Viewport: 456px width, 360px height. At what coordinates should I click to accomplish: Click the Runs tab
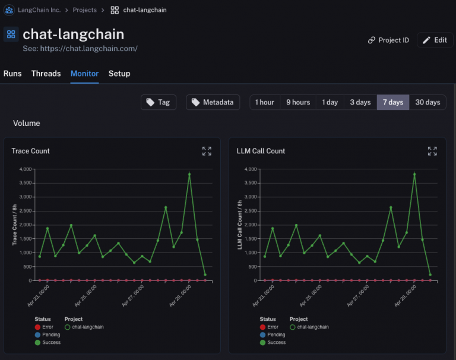tap(12, 74)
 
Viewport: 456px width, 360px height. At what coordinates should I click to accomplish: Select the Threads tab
tap(46, 74)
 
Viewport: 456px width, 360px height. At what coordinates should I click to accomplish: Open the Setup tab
tap(119, 74)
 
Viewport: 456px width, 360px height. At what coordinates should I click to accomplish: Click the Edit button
tap(435, 40)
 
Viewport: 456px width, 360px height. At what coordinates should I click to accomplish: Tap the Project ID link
tap(389, 40)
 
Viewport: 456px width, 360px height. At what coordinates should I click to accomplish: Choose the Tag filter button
tap(158, 102)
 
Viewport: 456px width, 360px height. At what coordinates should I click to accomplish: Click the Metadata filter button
tap(213, 102)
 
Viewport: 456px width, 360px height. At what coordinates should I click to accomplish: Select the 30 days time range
tap(427, 102)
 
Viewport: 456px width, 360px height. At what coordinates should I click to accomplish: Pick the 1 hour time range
tap(264, 102)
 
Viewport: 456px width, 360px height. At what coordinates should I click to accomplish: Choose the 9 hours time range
tap(298, 102)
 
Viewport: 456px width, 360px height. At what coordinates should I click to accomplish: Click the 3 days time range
tap(360, 102)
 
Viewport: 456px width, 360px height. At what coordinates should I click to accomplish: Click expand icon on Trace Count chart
tap(207, 151)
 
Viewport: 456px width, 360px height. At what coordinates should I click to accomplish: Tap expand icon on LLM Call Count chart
tap(432, 151)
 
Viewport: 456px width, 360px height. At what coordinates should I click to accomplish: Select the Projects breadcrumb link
tap(85, 10)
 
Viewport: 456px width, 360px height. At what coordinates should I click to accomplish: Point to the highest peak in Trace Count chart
tap(189, 174)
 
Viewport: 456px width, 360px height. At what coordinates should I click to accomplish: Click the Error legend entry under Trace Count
tap(47, 327)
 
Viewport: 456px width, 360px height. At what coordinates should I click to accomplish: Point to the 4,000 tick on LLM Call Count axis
tap(249, 169)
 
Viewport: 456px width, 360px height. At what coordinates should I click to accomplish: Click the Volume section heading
tap(27, 124)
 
